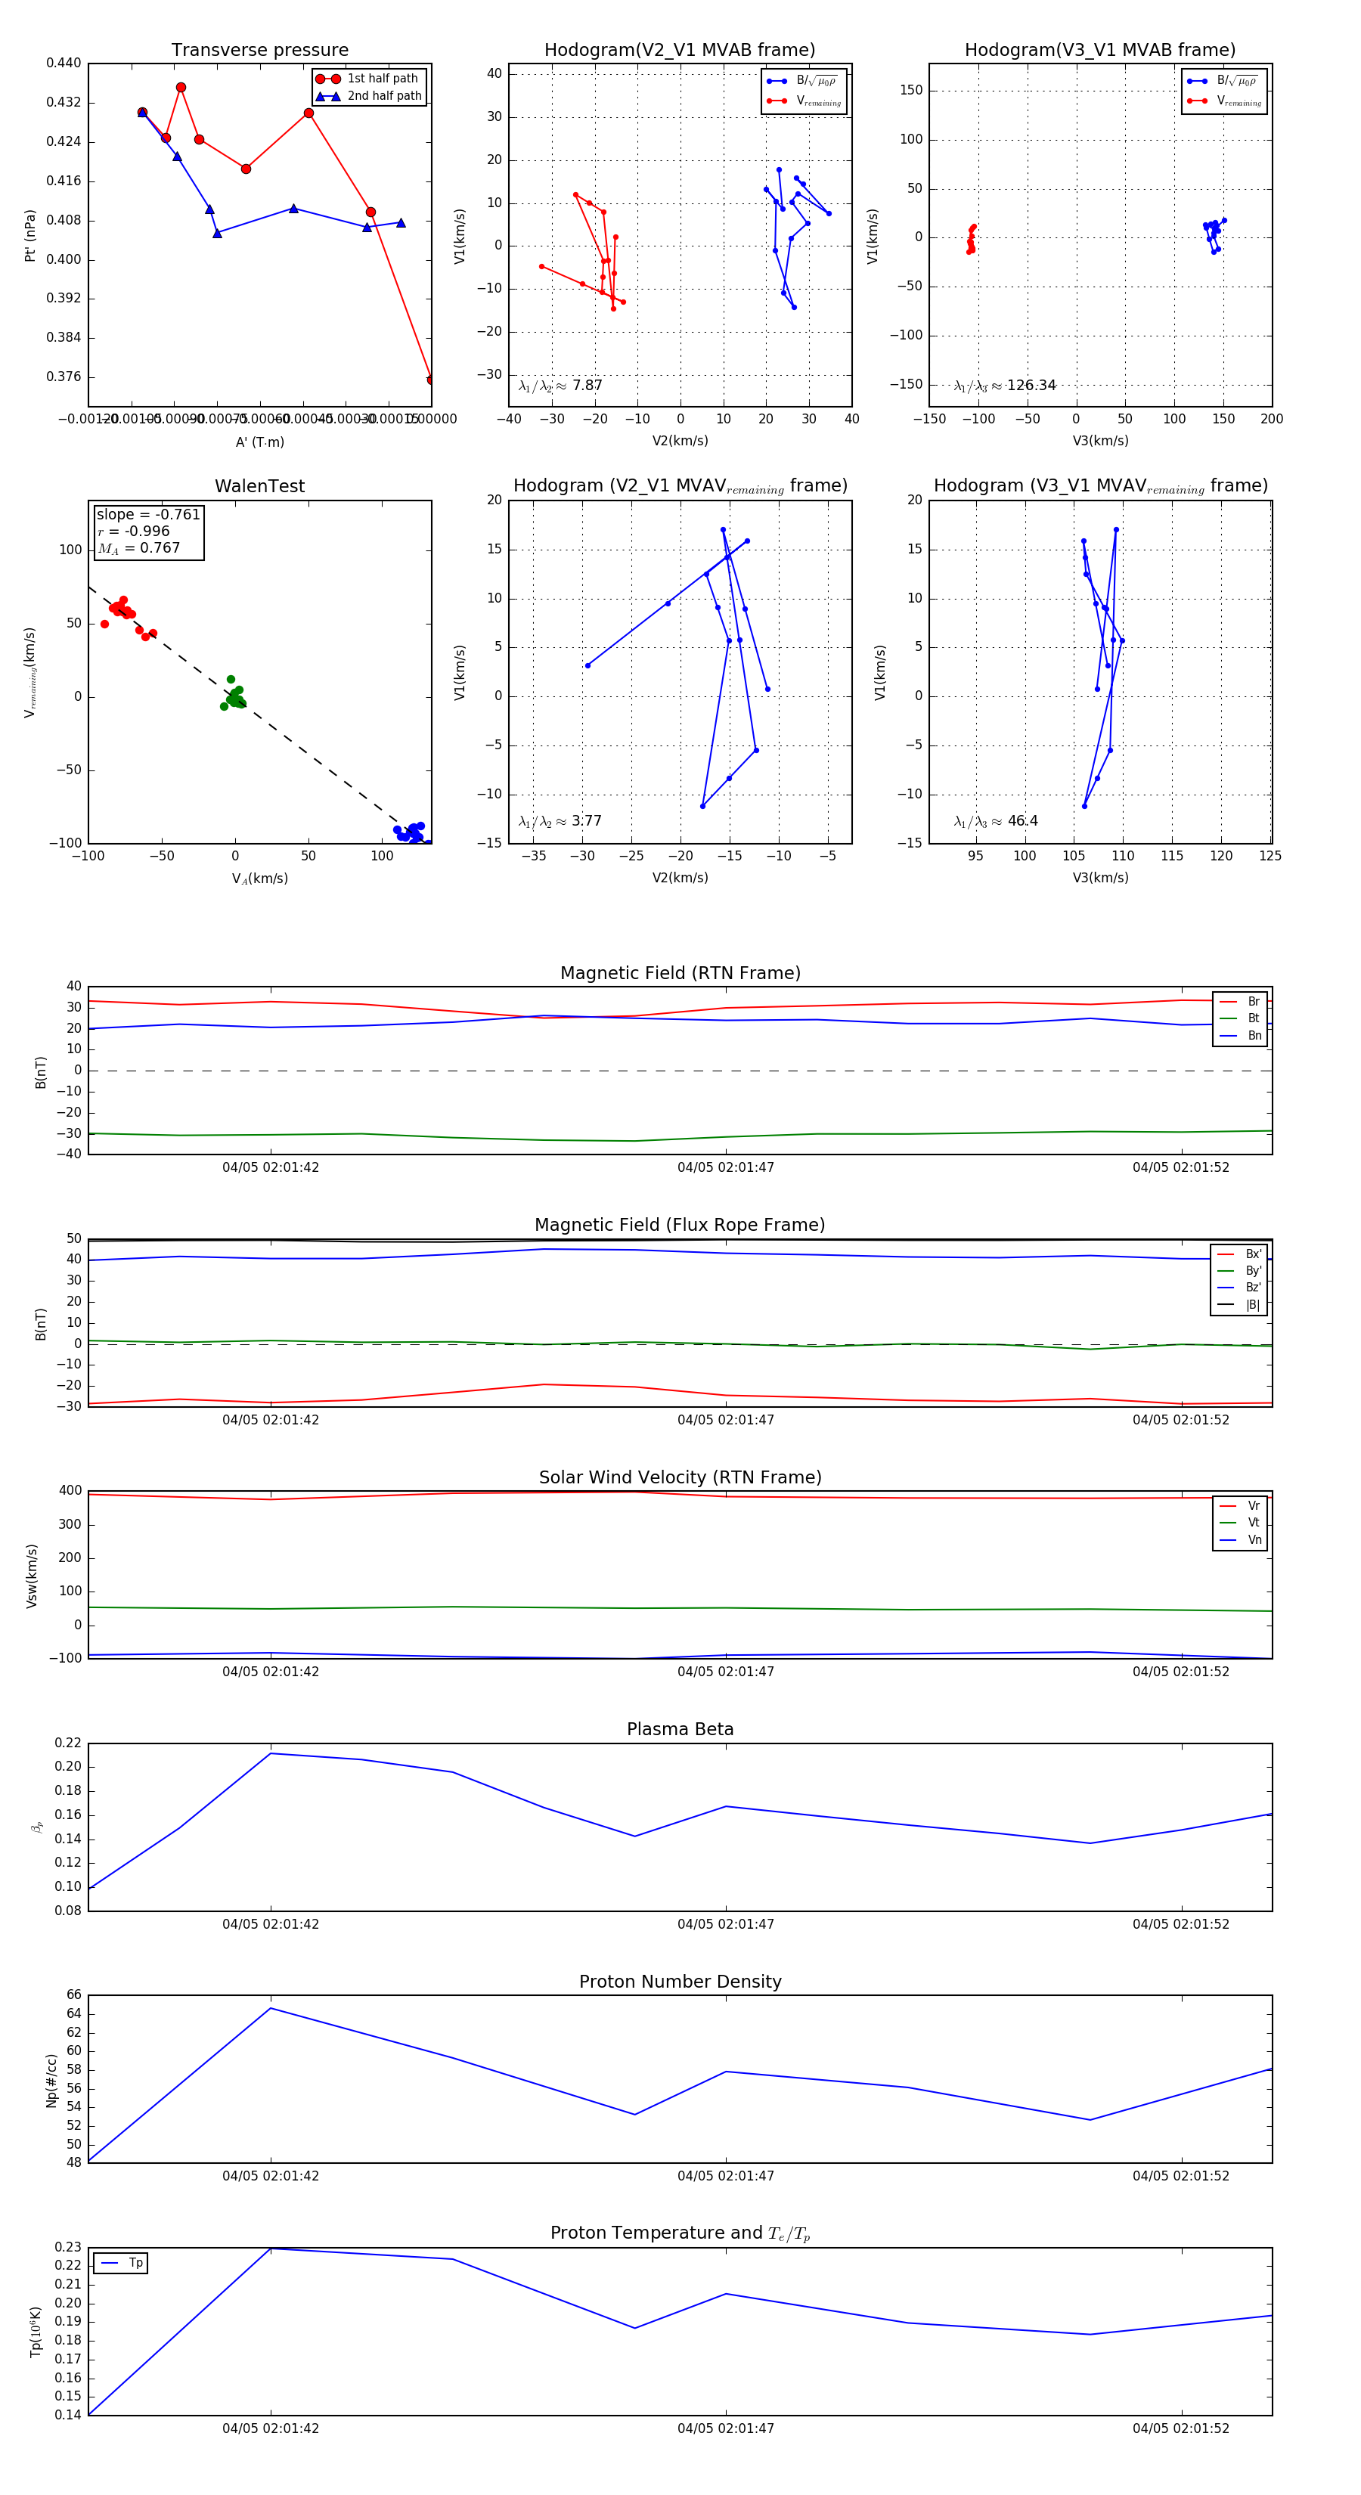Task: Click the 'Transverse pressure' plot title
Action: coord(259,51)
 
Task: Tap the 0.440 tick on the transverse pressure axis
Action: coord(64,63)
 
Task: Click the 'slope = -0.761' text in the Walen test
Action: coord(148,514)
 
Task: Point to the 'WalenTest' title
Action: coord(259,486)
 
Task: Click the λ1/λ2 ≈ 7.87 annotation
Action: coord(560,386)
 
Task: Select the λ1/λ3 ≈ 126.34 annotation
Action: coord(1005,386)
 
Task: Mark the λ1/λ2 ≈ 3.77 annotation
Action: coord(560,821)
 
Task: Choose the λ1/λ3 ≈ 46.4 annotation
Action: coord(996,821)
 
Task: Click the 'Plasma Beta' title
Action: coord(680,1730)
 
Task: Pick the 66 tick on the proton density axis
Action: coord(73,1995)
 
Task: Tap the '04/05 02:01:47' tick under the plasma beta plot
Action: coord(726,1923)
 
